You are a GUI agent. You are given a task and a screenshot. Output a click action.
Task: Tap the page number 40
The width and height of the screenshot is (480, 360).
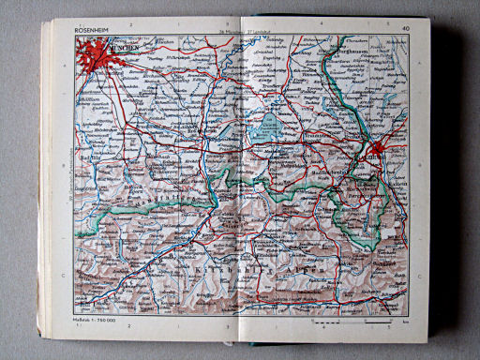tap(404, 30)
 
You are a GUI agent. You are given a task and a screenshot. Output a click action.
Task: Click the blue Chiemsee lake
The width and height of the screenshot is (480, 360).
tap(269, 124)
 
